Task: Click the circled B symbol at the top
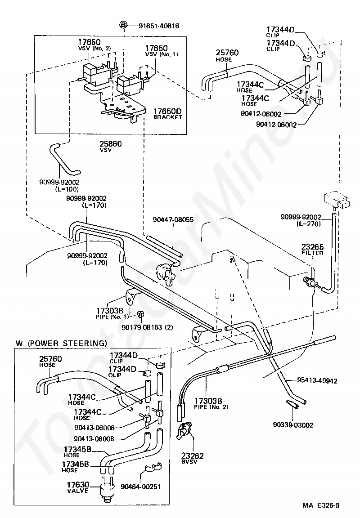123,25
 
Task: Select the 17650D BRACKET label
167,114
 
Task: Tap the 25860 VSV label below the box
111,146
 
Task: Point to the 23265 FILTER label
312,250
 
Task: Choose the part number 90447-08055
173,220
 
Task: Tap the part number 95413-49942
317,381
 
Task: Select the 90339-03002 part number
293,425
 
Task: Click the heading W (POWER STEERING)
62,343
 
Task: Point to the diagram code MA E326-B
321,505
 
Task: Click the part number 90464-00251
141,487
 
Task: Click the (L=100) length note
67,189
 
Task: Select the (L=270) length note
309,224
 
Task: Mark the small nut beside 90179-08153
140,313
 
